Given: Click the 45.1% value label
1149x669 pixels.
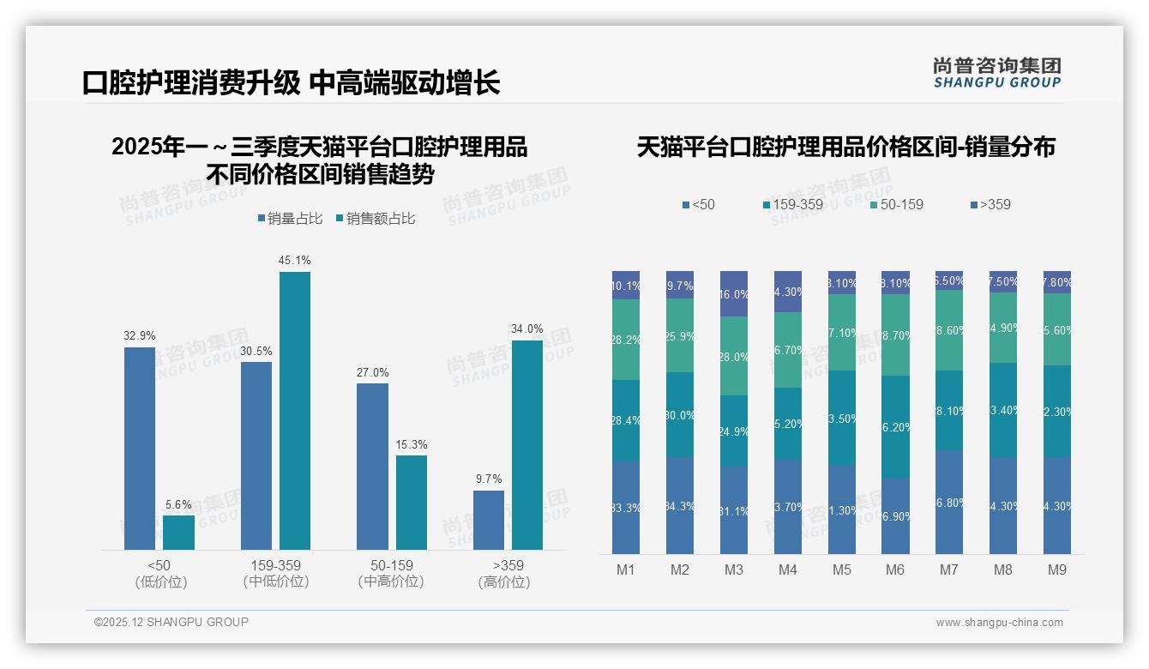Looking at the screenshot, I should (x=294, y=260).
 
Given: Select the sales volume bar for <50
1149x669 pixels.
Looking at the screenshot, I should (x=140, y=448).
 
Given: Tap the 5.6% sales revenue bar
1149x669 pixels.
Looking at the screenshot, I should (x=178, y=532).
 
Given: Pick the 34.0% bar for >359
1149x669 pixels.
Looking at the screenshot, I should (x=526, y=444).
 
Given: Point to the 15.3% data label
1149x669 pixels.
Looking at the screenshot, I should (x=411, y=444).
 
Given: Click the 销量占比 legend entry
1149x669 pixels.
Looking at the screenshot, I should (x=290, y=219).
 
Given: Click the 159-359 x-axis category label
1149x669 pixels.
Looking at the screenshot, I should (x=275, y=565).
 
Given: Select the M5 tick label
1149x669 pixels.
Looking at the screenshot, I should (x=841, y=570).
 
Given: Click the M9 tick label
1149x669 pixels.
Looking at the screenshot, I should (x=1056, y=570).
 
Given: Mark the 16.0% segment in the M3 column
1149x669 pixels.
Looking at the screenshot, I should (x=734, y=294).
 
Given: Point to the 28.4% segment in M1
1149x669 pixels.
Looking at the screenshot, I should (x=626, y=420).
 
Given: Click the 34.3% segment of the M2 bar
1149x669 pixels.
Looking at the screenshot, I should (x=680, y=505).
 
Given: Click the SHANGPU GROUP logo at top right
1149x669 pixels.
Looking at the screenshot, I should (x=996, y=73).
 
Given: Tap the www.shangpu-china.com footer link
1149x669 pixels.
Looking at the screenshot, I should (x=999, y=623).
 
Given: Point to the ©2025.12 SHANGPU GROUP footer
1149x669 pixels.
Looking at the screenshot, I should (x=171, y=622).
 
